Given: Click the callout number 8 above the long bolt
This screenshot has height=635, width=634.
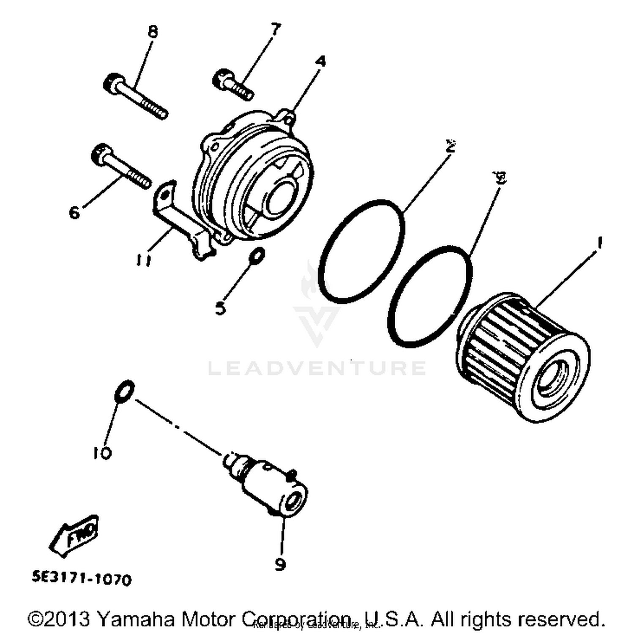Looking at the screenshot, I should point(153,31).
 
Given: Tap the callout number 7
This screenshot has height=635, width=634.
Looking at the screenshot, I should point(275,30).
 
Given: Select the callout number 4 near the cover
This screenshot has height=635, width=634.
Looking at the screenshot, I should point(321,62).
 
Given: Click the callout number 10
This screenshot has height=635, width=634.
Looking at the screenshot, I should point(102,453).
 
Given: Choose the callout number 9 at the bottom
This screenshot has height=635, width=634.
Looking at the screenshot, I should point(280,564).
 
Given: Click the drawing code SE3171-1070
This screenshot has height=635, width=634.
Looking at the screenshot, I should point(82,578).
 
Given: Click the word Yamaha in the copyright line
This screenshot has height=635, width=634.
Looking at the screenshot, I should point(136,619).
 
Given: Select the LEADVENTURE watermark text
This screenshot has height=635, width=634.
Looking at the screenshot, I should point(317,368).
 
